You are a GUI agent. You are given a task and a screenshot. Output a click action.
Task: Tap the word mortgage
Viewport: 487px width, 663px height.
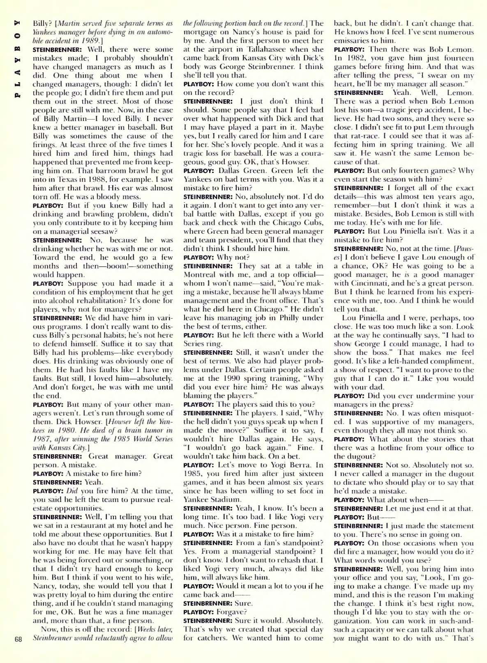pyautogui.click(x=199, y=32)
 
